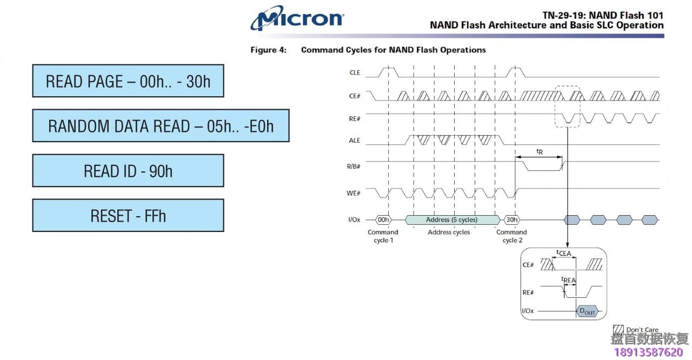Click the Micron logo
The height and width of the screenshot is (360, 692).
click(297, 18)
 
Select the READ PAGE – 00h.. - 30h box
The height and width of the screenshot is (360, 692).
click(128, 81)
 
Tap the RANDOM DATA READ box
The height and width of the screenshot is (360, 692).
click(161, 125)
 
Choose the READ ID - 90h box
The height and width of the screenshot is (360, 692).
click(128, 171)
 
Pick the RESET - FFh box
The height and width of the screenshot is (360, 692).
click(128, 216)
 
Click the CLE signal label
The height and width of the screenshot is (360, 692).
click(355, 72)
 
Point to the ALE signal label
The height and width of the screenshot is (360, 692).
click(354, 141)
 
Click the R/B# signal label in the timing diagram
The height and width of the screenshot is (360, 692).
click(354, 166)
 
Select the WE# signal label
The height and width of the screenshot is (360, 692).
click(354, 194)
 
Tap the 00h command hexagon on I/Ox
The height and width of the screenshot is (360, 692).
click(383, 220)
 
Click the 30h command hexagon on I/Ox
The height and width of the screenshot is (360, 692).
click(512, 220)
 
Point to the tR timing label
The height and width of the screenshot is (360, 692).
click(540, 151)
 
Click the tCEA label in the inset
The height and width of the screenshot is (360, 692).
click(564, 253)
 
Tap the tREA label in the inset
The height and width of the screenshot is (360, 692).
click(568, 279)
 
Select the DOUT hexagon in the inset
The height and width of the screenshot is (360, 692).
click(587, 311)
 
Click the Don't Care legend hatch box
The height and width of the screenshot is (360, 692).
click(618, 329)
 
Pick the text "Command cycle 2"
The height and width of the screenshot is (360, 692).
click(511, 236)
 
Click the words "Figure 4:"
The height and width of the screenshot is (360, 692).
click(269, 50)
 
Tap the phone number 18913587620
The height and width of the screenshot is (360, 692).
click(648, 352)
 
